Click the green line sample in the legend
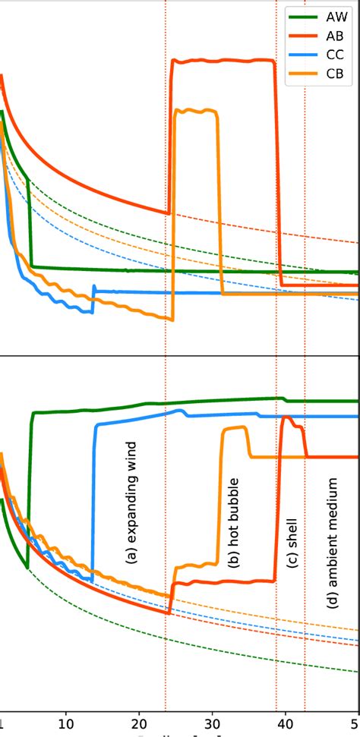301,16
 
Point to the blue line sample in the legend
301,54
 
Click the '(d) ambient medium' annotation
332,531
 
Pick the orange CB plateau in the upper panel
196,112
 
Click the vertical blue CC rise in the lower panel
93,501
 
